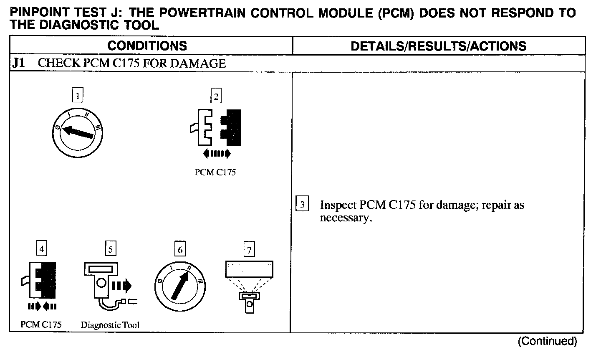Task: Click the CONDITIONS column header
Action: [147, 46]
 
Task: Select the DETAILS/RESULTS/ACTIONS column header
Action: [438, 46]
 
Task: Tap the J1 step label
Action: [18, 63]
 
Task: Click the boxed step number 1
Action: [78, 96]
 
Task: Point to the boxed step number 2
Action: [215, 97]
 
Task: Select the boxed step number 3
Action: [302, 205]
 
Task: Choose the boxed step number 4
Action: [41, 249]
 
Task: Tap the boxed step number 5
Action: [110, 249]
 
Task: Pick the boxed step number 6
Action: [180, 250]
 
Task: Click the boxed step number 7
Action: [249, 250]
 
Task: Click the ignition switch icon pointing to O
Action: [78, 133]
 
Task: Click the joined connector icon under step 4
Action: [40, 280]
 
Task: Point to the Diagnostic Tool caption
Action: [110, 325]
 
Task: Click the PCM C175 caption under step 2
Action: [215, 172]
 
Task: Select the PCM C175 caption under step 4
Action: [41, 325]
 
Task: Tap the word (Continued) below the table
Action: [547, 341]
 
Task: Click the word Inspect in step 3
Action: [338, 205]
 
